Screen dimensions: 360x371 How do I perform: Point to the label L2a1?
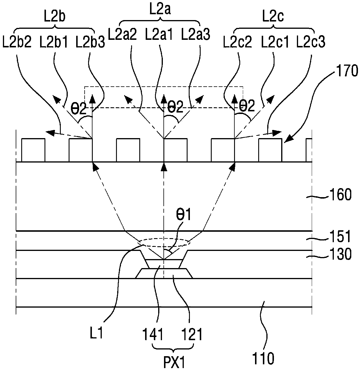pyautogui.click(x=159, y=34)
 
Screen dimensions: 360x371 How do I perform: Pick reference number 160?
pyautogui.click(x=340, y=195)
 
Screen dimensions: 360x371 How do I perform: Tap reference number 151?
pyautogui.click(x=340, y=236)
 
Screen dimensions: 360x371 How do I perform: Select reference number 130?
pyautogui.click(x=340, y=254)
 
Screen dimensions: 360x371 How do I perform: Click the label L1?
pyautogui.click(x=97, y=333)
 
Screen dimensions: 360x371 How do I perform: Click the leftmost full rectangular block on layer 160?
pyautogui.click(x=33, y=150)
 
